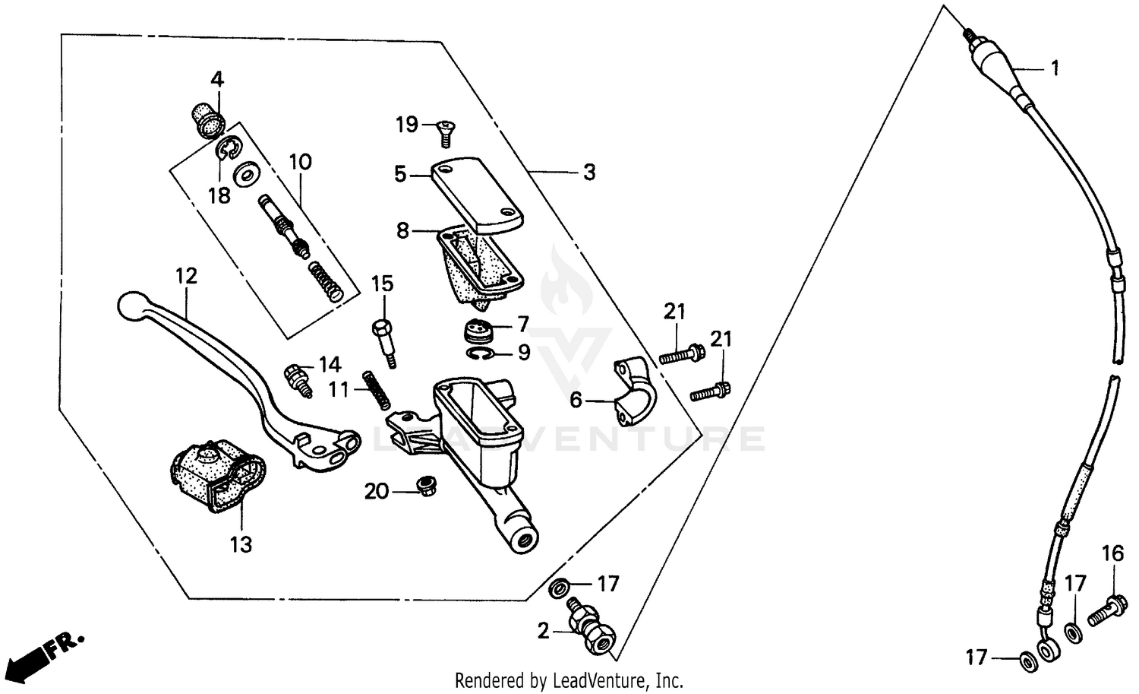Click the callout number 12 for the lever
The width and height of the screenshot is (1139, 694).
[186, 275]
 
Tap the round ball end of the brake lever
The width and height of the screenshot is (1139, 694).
[131, 305]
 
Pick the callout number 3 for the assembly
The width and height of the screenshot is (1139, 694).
[589, 173]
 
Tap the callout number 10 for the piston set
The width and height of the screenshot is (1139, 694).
[300, 162]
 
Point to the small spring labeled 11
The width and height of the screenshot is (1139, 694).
[377, 390]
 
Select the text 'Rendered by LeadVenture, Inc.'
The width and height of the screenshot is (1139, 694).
[569, 680]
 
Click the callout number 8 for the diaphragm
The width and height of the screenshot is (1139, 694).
[402, 230]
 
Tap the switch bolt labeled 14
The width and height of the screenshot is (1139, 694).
[297, 378]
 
